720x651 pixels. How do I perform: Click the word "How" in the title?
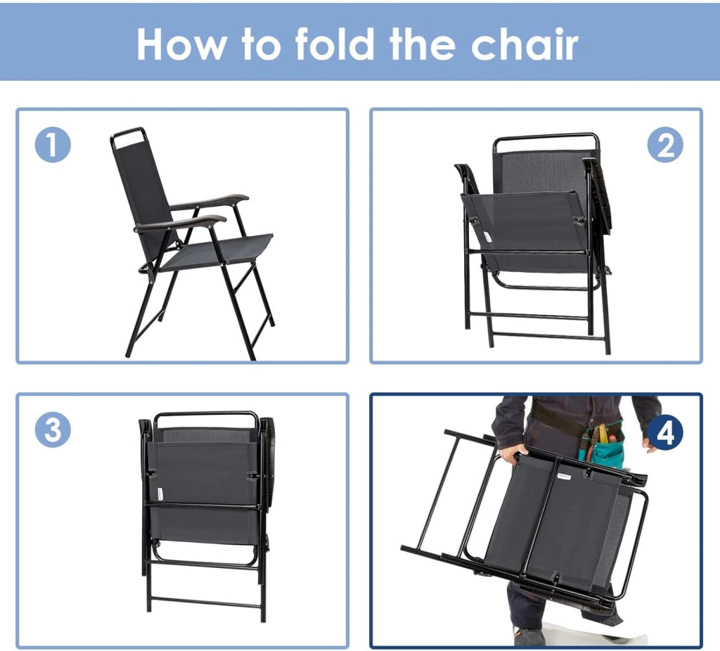[182, 44]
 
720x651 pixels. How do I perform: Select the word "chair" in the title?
[525, 44]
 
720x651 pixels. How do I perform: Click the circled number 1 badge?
[53, 145]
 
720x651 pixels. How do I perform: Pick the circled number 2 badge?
[665, 145]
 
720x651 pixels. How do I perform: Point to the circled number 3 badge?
[53, 430]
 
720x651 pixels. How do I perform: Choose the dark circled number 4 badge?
[665, 432]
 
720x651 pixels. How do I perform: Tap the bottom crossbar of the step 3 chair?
[206, 602]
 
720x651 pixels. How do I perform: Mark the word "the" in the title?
[423, 44]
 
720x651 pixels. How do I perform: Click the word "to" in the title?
[261, 45]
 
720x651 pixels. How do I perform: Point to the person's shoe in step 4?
[529, 636]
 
